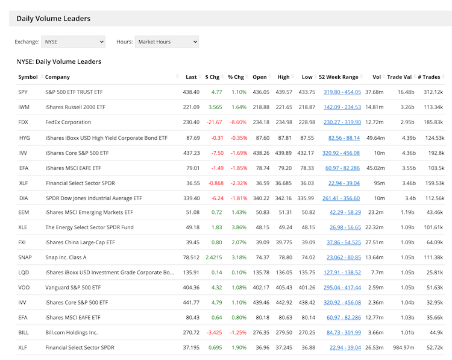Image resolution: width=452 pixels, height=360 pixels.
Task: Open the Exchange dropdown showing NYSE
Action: click(73, 42)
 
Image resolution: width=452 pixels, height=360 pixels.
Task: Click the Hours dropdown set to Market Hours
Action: click(166, 42)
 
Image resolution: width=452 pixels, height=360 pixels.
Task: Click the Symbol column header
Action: click(28, 77)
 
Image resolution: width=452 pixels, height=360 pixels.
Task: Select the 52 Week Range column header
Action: click(338, 77)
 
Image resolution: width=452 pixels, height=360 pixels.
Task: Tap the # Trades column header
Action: click(429, 77)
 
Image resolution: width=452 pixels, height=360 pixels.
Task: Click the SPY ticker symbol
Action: click(24, 92)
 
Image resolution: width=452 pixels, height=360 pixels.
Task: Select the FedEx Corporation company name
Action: click(68, 122)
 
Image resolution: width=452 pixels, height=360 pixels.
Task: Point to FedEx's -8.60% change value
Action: click(237, 122)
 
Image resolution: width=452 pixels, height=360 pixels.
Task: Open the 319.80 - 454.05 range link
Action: click(342, 92)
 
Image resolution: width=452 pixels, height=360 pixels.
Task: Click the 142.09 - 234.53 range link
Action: click(342, 107)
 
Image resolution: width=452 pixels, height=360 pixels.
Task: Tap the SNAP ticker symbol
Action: click(25, 257)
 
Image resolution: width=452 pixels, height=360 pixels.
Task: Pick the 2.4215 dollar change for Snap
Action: click(213, 257)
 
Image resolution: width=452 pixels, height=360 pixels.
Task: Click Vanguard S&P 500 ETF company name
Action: click(75, 288)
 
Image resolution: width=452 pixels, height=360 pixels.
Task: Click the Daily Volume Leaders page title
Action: click(54, 19)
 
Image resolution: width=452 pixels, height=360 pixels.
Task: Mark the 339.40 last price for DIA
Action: click(190, 198)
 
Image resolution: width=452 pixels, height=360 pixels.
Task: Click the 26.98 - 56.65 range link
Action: click(345, 227)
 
